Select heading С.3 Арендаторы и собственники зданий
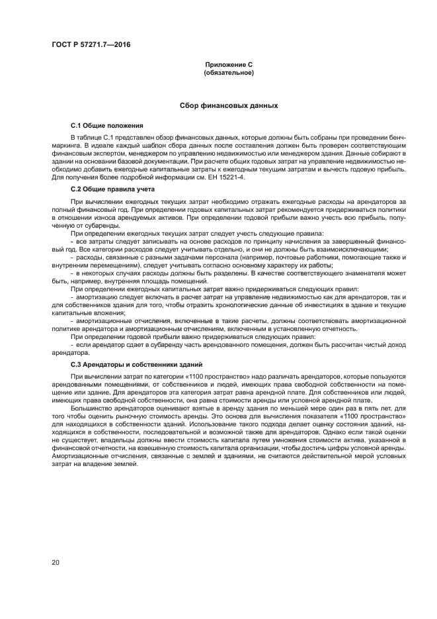[136, 365]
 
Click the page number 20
[55, 562]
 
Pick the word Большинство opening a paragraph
[90, 408]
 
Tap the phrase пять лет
[373, 408]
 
